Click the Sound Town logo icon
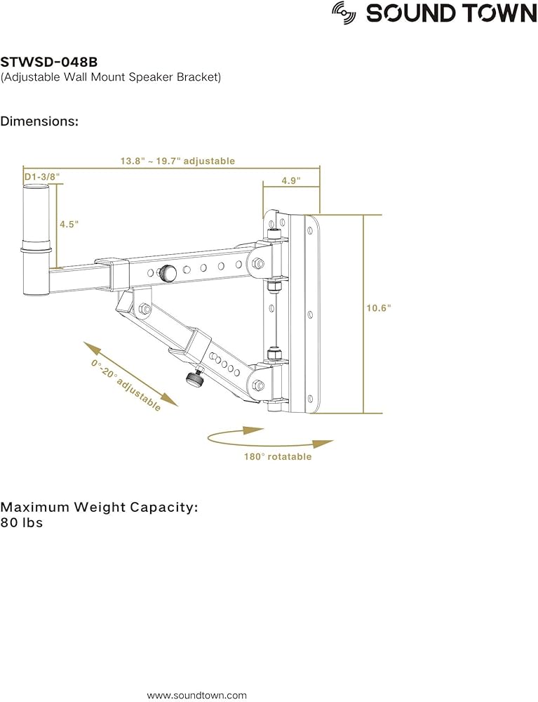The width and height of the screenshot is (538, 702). [344, 13]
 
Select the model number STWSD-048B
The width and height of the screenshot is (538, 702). [48, 62]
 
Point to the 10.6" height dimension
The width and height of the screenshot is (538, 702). [379, 307]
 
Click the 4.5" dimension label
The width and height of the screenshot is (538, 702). [69, 224]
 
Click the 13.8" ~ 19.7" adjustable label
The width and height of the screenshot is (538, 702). [177, 161]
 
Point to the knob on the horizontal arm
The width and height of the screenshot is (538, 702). [168, 272]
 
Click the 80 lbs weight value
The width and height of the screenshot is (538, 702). [22, 523]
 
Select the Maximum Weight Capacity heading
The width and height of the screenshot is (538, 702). [99, 507]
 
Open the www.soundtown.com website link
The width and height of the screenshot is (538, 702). [196, 695]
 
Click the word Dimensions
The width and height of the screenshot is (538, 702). [39, 121]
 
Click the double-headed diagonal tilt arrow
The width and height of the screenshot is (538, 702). [130, 374]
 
